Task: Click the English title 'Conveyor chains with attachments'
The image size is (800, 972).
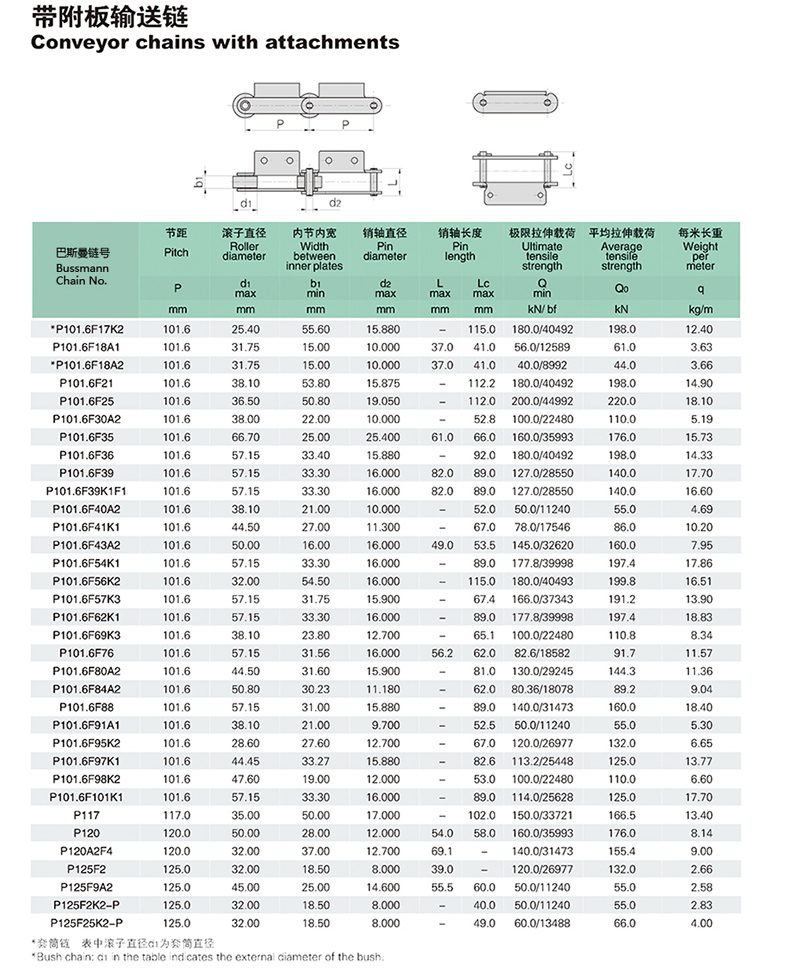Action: [215, 43]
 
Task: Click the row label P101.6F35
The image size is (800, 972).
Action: [87, 437]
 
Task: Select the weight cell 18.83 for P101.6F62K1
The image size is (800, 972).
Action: [700, 617]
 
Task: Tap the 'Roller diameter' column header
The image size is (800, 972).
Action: [243, 251]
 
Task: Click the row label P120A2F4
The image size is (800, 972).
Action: [88, 850]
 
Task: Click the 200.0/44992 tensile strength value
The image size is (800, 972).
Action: [541, 401]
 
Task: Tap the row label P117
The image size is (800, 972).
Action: [87, 814]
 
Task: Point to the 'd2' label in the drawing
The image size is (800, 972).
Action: [336, 203]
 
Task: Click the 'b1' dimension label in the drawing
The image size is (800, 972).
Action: [200, 183]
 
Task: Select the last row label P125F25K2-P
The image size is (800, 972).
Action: [87, 922]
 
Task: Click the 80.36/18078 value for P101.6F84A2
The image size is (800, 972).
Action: [541, 689]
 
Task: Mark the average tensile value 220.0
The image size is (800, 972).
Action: [622, 401]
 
